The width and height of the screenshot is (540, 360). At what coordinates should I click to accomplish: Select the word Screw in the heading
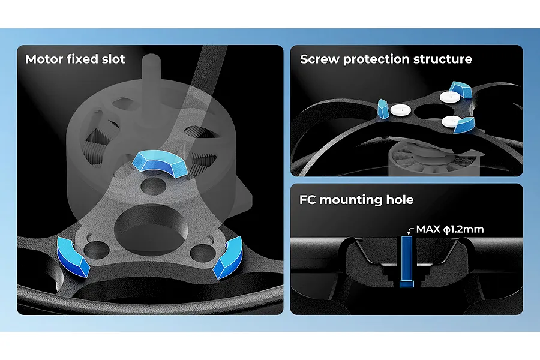320,59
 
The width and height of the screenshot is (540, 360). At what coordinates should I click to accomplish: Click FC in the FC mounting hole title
308,199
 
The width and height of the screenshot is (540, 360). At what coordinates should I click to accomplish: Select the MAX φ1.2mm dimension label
450,229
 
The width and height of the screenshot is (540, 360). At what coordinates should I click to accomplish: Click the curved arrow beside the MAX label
410,230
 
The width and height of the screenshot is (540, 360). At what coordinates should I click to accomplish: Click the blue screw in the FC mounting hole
406,262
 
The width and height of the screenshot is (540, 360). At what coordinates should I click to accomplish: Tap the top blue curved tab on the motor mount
160,163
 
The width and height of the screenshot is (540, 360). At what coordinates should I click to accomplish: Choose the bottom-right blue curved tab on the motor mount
227,257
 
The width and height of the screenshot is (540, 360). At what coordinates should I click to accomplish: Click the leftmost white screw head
401,110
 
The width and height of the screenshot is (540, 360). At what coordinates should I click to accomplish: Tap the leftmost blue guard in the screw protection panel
383,109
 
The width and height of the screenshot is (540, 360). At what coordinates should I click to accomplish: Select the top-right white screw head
450,97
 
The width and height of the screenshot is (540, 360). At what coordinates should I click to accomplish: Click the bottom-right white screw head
452,121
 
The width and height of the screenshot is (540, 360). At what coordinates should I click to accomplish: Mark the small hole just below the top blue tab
153,186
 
